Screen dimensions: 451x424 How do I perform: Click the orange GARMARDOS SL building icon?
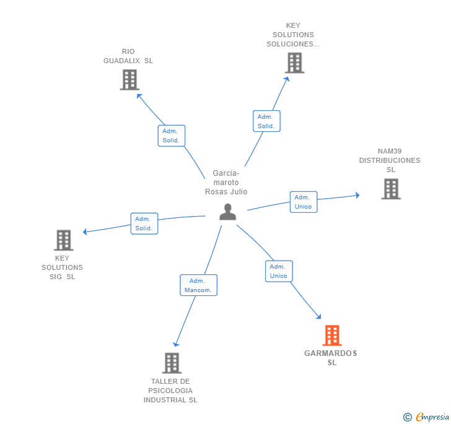pos(332,335)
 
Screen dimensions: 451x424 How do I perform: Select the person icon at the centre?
pos(228,212)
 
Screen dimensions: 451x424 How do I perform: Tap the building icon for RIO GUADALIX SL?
pos(129,80)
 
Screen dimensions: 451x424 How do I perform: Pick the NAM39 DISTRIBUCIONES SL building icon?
pos(391,189)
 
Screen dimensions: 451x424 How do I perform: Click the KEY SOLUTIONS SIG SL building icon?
pos(64,240)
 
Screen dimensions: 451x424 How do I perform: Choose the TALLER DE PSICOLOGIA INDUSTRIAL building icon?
pos(172,363)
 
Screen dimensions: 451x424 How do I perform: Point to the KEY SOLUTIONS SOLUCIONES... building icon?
pos(295,63)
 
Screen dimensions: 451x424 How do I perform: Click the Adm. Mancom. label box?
pos(198,285)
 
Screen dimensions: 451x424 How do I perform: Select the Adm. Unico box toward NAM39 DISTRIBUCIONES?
pos(304,202)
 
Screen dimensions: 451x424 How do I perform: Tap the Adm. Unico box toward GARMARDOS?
pos(279,271)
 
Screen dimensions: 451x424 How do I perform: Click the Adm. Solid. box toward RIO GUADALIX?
pos(172,136)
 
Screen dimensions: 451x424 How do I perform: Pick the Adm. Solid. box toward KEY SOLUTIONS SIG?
pos(144,223)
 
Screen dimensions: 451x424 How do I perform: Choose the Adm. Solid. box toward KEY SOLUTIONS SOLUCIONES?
pos(266,121)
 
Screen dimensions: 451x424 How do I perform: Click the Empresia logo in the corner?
pos(426,417)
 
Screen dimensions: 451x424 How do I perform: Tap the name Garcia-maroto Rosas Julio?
pos(226,182)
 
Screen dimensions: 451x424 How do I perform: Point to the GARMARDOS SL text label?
pos(331,358)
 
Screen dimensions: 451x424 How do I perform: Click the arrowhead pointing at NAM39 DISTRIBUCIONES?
pos(357,195)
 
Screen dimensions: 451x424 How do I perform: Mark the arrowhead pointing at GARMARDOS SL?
pos(318,316)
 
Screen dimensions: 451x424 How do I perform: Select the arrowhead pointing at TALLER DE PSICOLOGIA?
pos(176,344)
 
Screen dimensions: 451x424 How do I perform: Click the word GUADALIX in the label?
pos(121,61)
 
